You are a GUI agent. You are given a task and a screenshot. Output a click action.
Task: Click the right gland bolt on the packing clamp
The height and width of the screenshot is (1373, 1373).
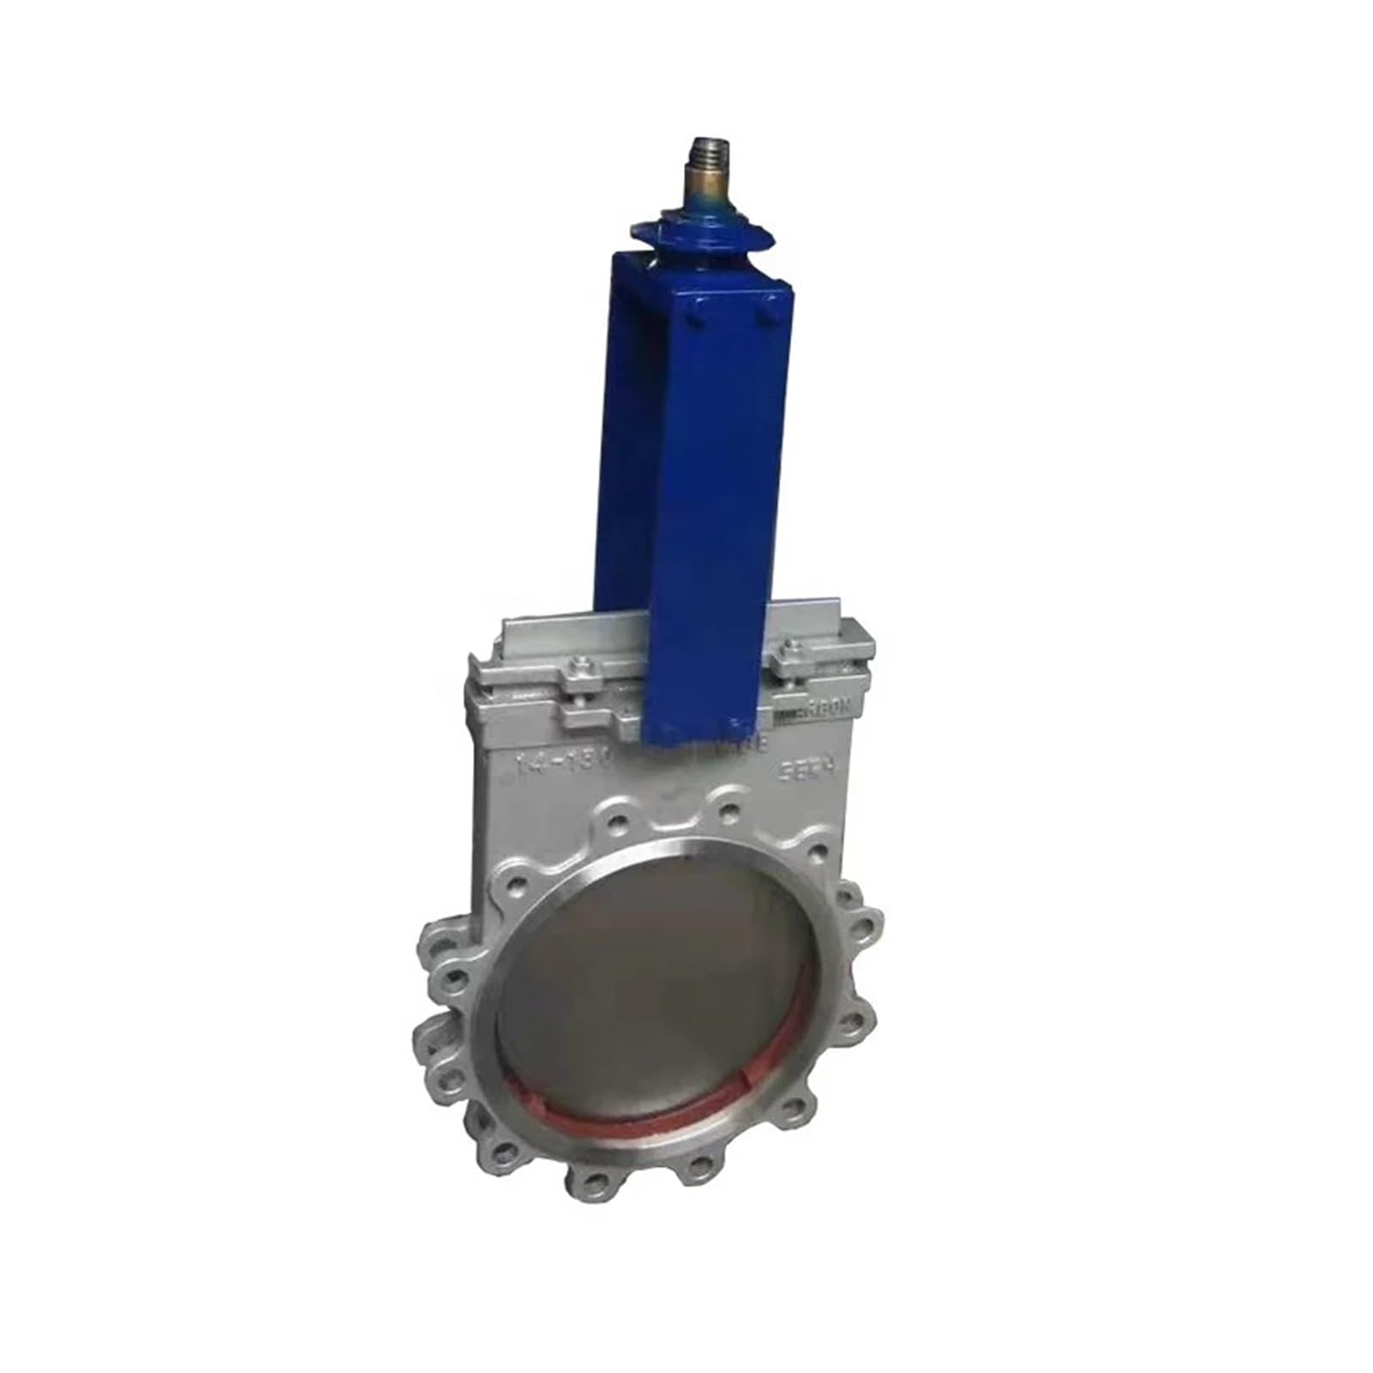click(x=788, y=658)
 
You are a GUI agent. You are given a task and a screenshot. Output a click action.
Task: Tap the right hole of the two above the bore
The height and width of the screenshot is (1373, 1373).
click(x=728, y=808)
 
